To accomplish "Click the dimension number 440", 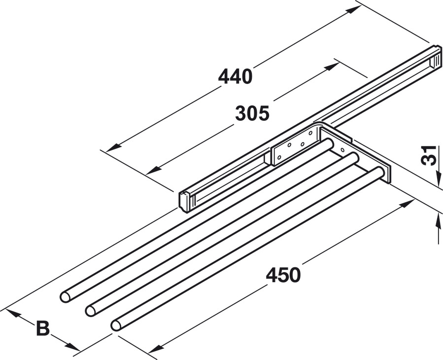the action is coord(235,76).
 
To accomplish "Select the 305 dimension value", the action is coord(252,113).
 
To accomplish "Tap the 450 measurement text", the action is coord(283,275).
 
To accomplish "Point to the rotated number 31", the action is coord(429,155).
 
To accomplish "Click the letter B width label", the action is coord(43,328).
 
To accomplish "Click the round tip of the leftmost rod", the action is coord(65,297).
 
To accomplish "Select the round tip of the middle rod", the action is coord(90,311).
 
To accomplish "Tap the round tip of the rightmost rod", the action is coord(116,325).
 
